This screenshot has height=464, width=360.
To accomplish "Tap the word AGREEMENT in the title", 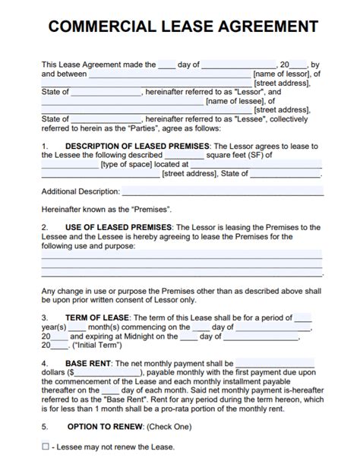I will (x=265, y=27).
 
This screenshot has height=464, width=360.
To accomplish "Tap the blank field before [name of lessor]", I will (x=170, y=74).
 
